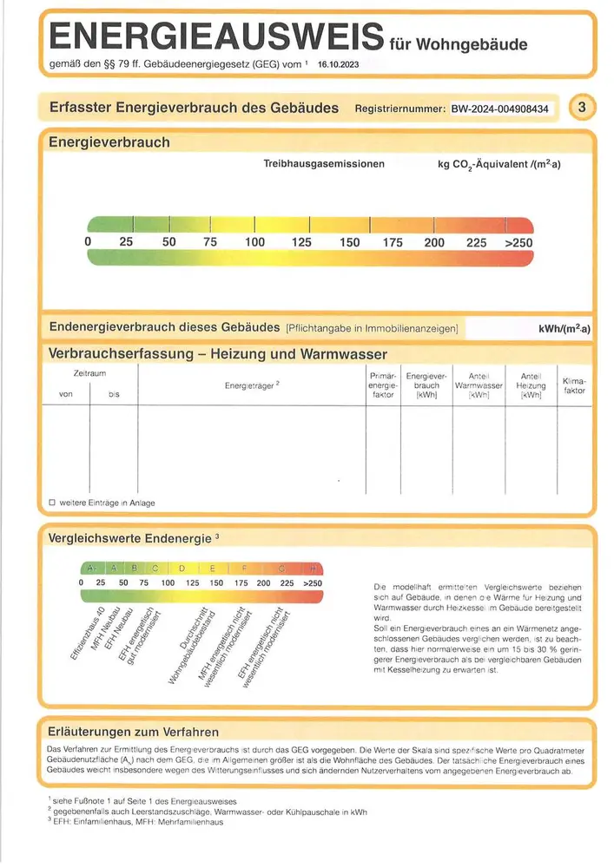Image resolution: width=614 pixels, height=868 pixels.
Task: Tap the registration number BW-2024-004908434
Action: tap(500, 108)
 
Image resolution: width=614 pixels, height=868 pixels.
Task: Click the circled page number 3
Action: tap(582, 108)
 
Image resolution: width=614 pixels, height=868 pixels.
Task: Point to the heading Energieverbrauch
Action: tap(109, 141)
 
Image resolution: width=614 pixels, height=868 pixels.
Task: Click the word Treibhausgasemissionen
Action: tap(324, 163)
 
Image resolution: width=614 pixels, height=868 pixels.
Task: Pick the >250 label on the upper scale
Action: tap(518, 243)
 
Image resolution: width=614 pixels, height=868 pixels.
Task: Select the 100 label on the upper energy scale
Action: tap(254, 243)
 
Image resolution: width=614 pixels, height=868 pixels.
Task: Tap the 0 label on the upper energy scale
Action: tap(88, 243)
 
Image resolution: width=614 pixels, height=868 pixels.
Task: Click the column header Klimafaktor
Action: tap(574, 385)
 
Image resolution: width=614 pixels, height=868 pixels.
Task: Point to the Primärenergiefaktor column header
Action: tap(383, 385)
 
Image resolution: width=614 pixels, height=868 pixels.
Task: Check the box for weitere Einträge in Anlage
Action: tap(52, 503)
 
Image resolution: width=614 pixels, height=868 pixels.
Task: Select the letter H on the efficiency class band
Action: tap(314, 569)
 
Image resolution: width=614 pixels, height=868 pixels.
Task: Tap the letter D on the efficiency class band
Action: tap(182, 569)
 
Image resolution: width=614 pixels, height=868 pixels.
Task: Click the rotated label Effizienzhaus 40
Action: tap(87, 634)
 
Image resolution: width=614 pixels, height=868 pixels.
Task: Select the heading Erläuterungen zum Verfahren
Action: tap(134, 732)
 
